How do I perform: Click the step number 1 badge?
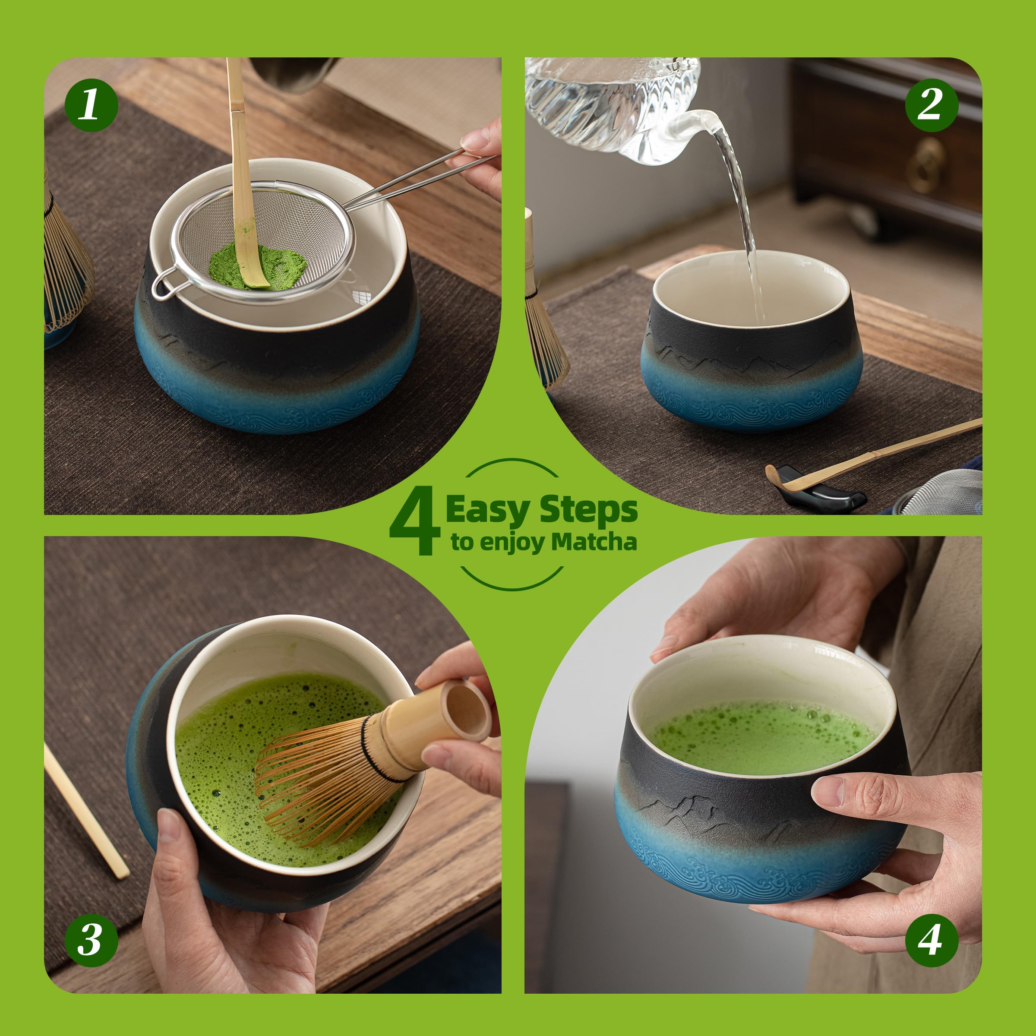(x=91, y=104)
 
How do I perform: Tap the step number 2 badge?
(x=932, y=104)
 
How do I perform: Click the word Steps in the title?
(x=588, y=509)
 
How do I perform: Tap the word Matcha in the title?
(x=594, y=542)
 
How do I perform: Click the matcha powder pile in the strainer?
(x=257, y=266)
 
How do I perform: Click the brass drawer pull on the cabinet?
(x=925, y=164)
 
